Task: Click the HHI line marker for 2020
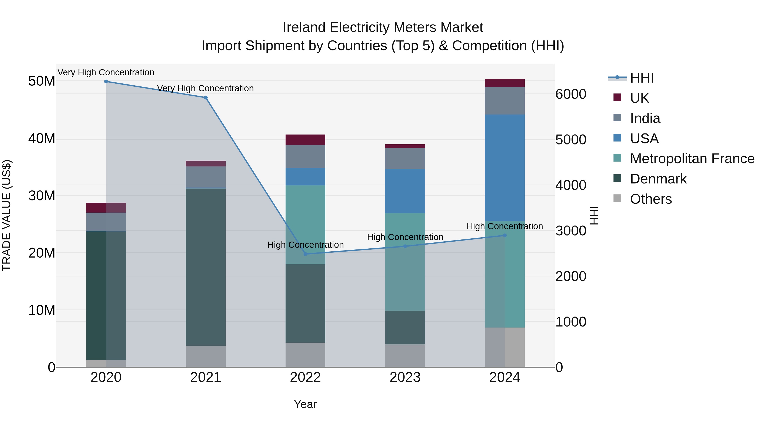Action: pos(106,82)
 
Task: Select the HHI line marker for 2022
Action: pos(305,254)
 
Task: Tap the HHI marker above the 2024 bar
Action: pos(505,235)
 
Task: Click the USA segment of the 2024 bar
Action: pos(505,168)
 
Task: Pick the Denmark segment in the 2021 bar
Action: pos(206,267)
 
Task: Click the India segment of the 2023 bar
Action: pos(405,159)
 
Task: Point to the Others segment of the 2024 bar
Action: pos(505,347)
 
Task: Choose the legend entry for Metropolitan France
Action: pos(692,159)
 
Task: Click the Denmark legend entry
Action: pos(658,179)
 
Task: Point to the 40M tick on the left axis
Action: pos(42,139)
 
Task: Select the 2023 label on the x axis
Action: pos(405,377)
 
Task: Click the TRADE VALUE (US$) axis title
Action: pos(7,215)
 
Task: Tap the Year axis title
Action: pos(305,404)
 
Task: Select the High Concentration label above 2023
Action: pos(405,237)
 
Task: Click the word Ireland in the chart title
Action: pos(304,27)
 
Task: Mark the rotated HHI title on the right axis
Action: pos(594,215)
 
